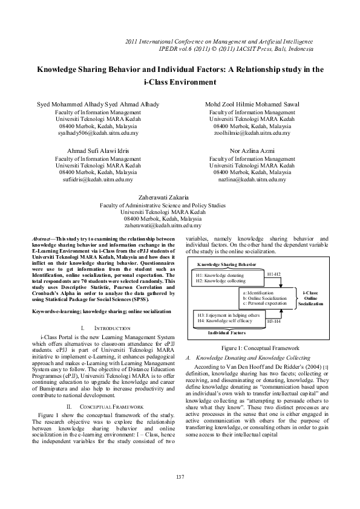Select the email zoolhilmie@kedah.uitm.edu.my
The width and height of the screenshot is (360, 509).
252,133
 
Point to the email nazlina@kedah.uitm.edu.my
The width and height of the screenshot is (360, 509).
252,180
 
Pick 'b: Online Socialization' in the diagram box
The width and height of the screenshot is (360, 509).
264,299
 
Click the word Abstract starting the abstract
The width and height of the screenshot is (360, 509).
41,239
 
